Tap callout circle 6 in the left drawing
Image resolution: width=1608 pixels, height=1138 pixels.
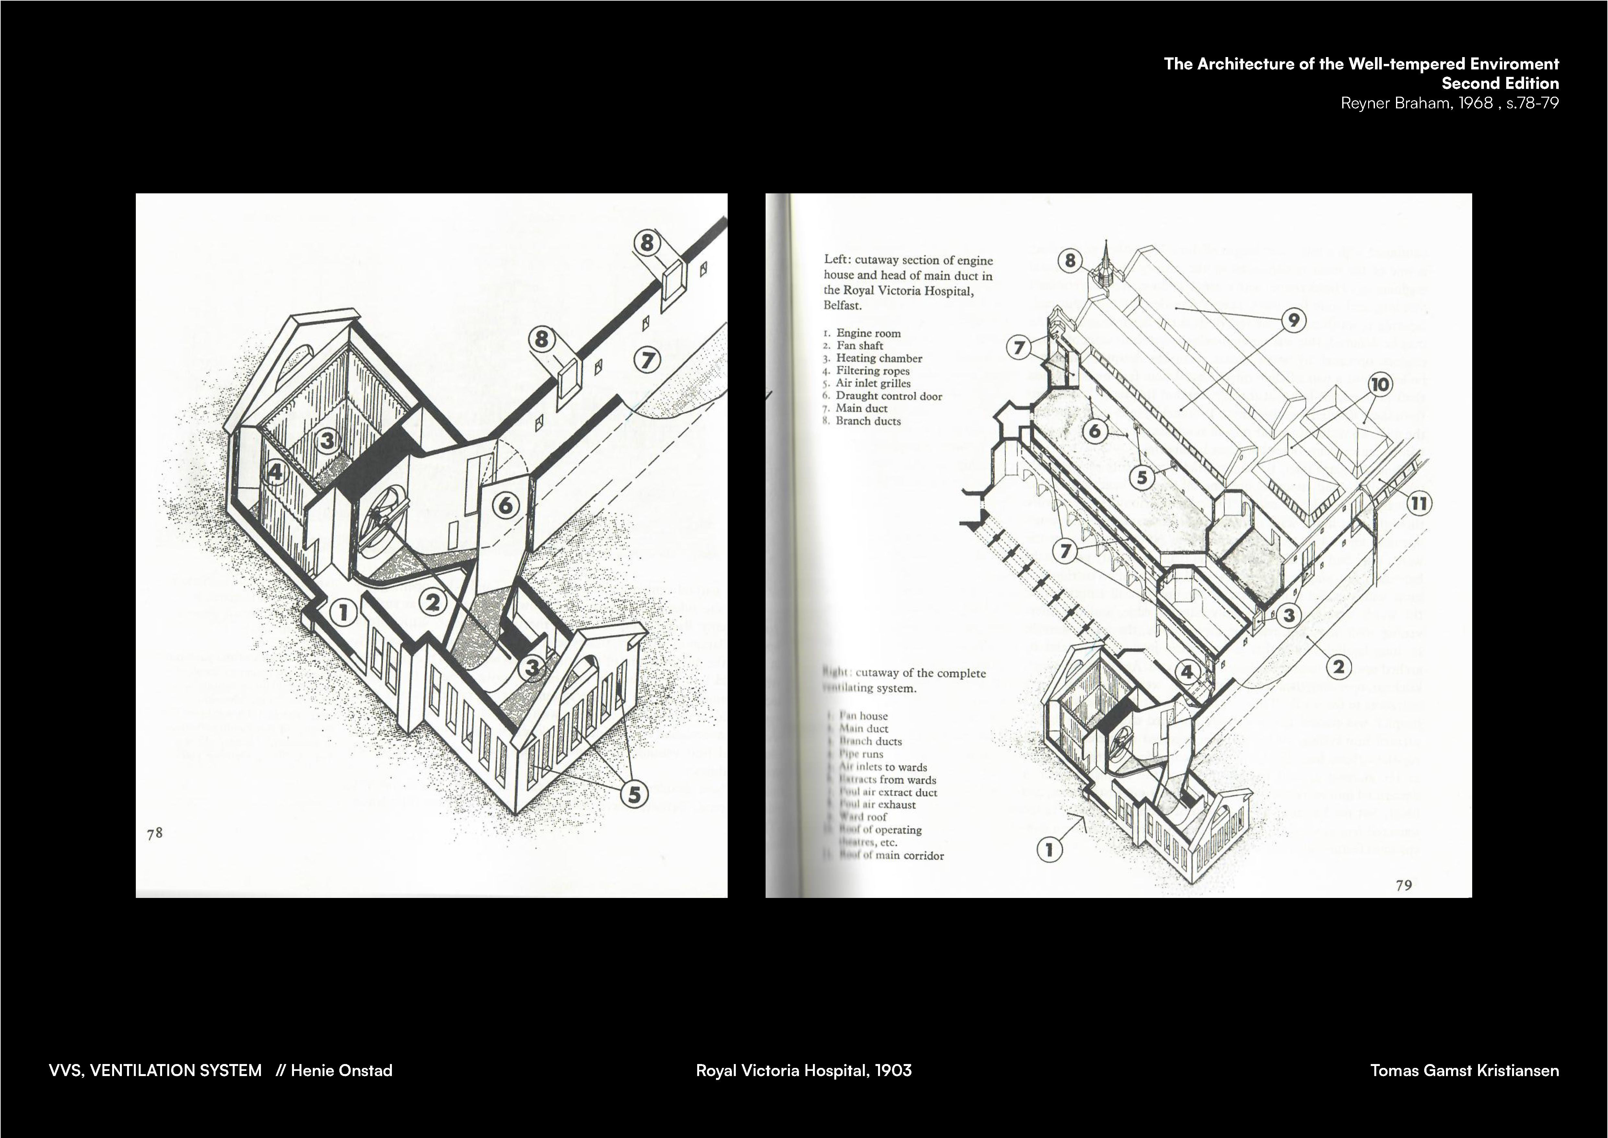pyautogui.click(x=506, y=504)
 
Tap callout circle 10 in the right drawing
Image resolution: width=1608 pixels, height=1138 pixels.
pyautogui.click(x=1380, y=385)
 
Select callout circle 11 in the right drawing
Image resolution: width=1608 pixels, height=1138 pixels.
pyautogui.click(x=1419, y=503)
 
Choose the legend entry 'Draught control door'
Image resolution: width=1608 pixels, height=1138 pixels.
pyautogui.click(x=889, y=396)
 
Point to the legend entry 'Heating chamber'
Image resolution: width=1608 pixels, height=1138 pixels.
pyautogui.click(x=879, y=358)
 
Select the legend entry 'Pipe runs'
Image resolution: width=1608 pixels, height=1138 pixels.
pyautogui.click(x=862, y=754)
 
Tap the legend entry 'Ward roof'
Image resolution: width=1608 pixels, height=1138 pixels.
pyautogui.click(x=863, y=817)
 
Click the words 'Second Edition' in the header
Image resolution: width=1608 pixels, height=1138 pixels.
pyautogui.click(x=1500, y=83)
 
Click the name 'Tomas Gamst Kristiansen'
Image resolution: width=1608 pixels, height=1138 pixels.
pyautogui.click(x=1464, y=1071)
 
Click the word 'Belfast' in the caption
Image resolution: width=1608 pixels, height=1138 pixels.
pyautogui.click(x=842, y=306)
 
